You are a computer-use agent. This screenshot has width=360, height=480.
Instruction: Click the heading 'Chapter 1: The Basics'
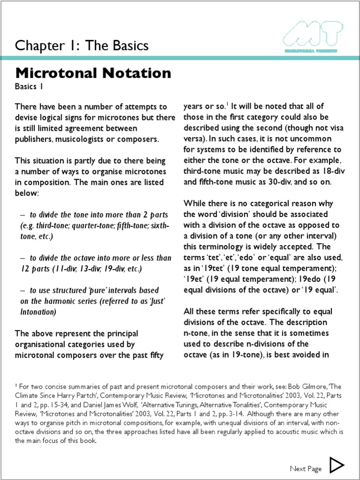click(x=82, y=45)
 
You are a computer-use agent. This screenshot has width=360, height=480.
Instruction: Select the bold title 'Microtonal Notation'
click(x=93, y=73)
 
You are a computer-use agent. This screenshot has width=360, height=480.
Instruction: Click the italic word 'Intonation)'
click(x=38, y=311)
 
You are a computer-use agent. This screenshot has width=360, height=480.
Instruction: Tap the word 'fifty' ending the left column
click(x=154, y=354)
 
